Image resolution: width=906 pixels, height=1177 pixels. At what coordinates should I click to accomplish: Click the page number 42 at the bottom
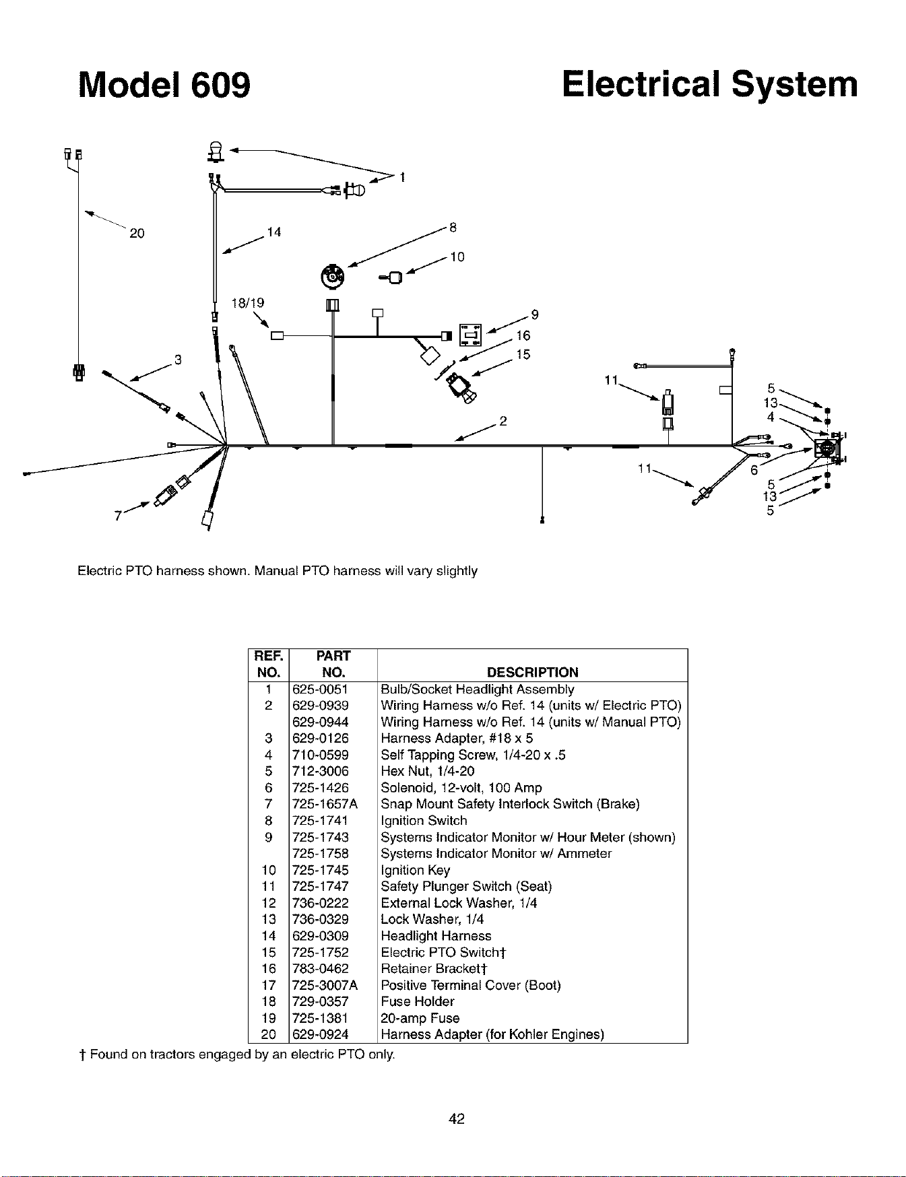pyautogui.click(x=457, y=1118)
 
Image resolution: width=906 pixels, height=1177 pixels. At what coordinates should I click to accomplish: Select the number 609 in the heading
pyautogui.click(x=220, y=86)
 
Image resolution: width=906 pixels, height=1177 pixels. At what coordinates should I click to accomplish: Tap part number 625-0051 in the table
pyautogui.click(x=321, y=689)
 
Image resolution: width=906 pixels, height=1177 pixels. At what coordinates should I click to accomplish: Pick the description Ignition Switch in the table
pyautogui.click(x=424, y=820)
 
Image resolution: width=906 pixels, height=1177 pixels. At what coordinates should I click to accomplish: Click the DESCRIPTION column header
pyautogui.click(x=532, y=672)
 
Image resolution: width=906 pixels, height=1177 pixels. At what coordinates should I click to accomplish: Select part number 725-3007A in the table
pyautogui.click(x=325, y=985)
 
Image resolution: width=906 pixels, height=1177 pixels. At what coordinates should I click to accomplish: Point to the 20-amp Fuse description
pyautogui.click(x=420, y=1018)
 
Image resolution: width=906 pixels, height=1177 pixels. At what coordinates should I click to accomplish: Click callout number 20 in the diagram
pyautogui.click(x=137, y=234)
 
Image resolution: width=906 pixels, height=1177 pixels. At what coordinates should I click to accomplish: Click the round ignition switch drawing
pyautogui.click(x=331, y=275)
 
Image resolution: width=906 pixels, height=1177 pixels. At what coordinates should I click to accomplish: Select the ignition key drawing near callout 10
pyautogui.click(x=392, y=276)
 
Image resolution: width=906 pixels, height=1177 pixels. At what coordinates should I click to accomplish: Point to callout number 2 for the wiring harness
pyautogui.click(x=502, y=422)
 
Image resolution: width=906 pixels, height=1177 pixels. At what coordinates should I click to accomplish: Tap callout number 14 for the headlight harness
pyautogui.click(x=273, y=232)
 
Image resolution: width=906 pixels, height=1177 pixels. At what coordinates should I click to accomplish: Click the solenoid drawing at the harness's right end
pyautogui.click(x=826, y=448)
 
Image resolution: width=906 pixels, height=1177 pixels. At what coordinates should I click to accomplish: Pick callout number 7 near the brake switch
pyautogui.click(x=117, y=515)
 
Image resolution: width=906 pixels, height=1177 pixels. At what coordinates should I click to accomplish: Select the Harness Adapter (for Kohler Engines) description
pyautogui.click(x=492, y=1034)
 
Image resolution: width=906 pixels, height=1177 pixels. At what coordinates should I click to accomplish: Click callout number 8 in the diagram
pyautogui.click(x=453, y=228)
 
